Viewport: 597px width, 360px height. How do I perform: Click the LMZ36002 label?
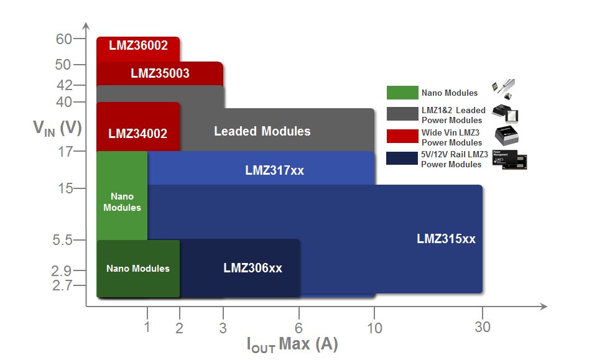(138, 45)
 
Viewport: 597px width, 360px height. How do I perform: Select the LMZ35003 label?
(160, 73)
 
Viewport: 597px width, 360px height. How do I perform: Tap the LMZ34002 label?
(137, 133)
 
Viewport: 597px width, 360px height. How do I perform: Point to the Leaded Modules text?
(262, 131)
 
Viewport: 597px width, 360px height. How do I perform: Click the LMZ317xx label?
(274, 170)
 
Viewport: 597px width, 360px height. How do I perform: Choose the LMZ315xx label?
(446, 238)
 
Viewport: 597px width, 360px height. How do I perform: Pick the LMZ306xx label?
(252, 268)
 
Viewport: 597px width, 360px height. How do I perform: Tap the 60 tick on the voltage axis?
(64, 39)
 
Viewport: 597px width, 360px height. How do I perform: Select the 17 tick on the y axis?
(64, 150)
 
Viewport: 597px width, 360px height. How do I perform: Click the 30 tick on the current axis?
(483, 328)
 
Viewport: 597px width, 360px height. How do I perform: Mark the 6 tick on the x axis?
(299, 328)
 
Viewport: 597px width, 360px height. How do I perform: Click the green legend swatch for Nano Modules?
(402, 93)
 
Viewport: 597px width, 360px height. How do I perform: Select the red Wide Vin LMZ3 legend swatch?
(402, 136)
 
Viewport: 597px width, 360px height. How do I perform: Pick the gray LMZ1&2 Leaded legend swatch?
(402, 113)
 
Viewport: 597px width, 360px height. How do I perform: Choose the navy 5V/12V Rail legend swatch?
(402, 159)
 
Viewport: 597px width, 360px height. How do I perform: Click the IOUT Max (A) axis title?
(292, 344)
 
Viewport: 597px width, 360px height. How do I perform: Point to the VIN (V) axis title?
(57, 128)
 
